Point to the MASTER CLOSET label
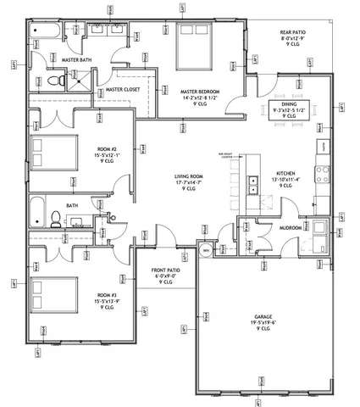pos(122,88)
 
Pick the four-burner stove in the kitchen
pos(322,174)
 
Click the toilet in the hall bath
pos(53,219)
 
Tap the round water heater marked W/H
pos(206,252)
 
